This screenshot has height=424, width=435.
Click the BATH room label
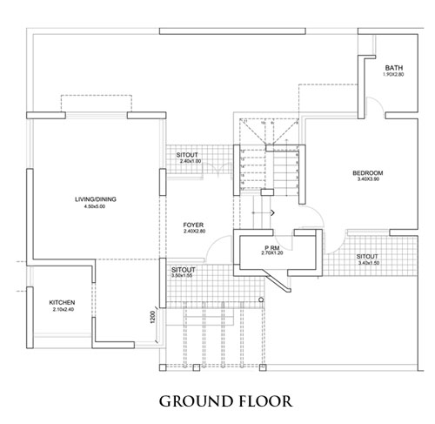(394, 68)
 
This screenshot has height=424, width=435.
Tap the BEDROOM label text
(368, 173)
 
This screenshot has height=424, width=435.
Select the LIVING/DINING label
(96, 199)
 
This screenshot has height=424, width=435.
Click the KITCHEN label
(62, 303)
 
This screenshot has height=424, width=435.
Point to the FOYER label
(193, 225)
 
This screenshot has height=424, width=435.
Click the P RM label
(272, 248)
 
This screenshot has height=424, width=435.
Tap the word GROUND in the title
(196, 401)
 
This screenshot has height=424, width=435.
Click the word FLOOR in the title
(266, 401)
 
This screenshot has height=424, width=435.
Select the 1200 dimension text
(153, 317)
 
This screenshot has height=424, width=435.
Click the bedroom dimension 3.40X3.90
(368, 179)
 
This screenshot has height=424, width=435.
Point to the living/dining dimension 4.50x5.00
(95, 206)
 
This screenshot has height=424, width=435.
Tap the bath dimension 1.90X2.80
(393, 74)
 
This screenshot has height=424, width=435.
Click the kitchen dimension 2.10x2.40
(64, 309)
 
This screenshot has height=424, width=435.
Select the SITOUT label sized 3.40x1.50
(367, 257)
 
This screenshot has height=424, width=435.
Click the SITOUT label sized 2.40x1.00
(187, 155)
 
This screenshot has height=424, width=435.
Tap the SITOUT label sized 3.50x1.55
(184, 270)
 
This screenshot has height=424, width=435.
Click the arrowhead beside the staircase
(272, 212)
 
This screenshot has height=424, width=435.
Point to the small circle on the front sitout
(261, 299)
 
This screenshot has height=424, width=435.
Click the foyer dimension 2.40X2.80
(195, 232)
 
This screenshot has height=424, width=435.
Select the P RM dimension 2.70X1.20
(272, 252)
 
